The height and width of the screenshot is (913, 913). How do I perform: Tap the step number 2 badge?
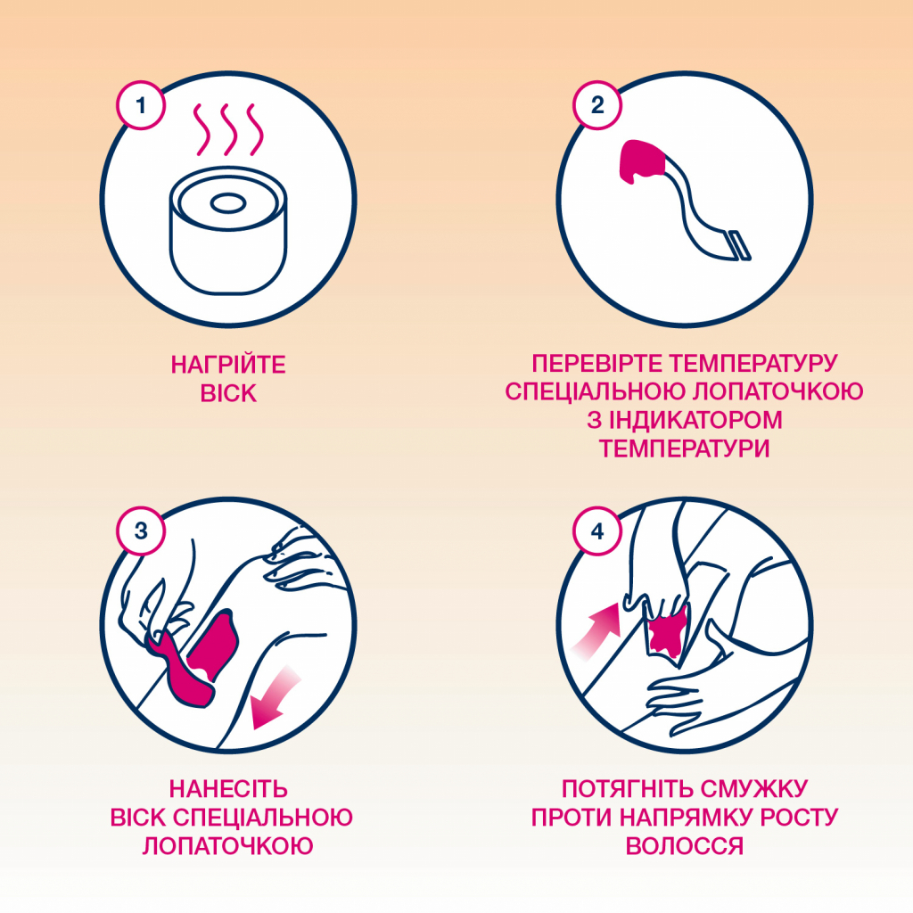[596, 106]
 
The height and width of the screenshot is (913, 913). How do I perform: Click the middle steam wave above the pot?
[229, 129]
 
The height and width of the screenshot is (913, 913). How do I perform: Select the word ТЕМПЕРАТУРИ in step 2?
[685, 448]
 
